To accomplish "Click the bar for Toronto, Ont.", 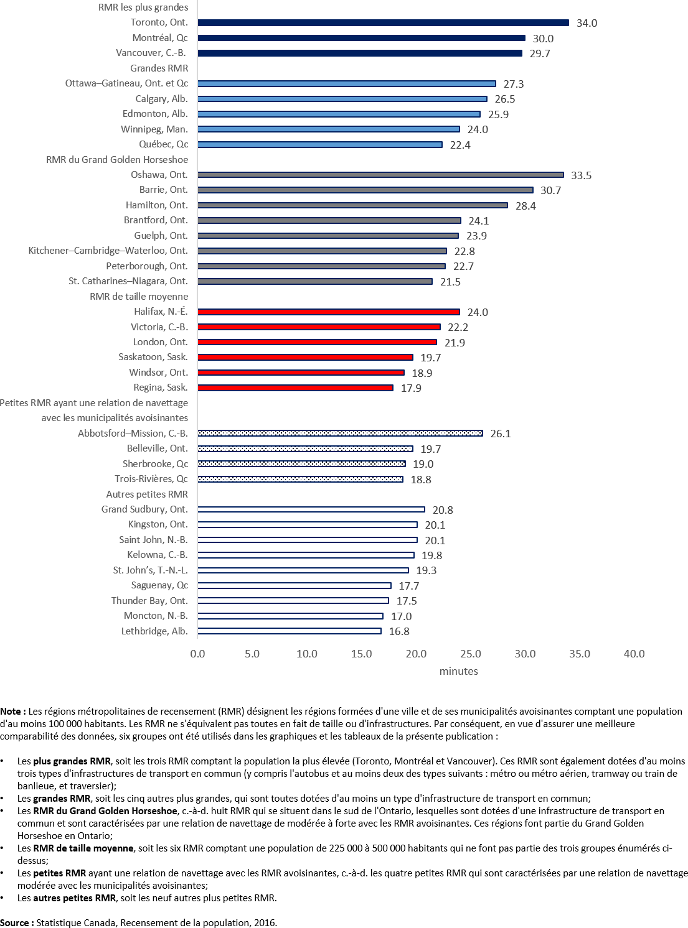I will coord(383,23).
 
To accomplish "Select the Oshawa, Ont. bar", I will coord(380,175).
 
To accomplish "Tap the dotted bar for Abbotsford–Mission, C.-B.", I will coord(339,433).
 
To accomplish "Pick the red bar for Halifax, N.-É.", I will coord(328,312).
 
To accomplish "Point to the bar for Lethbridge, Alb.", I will coord(289,631).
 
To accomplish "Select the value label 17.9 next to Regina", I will coord(412,388).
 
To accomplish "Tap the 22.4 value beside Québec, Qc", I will coord(460,145).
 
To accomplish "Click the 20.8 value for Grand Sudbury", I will coord(443,510).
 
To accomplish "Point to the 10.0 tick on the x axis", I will coord(307,654).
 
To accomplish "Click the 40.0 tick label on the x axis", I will coord(634,654).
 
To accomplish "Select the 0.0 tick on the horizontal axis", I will coord(197,654).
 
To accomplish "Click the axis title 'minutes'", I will coord(459,671).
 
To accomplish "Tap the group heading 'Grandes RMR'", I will coord(159,68).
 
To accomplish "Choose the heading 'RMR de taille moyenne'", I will coord(139,297).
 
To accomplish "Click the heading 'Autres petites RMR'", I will coord(147,494).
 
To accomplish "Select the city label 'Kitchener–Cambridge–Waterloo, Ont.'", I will coord(108,251).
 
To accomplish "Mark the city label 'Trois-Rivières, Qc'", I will coord(151,479).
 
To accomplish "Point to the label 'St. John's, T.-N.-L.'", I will coord(150,570).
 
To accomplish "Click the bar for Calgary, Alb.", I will coord(342,99).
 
